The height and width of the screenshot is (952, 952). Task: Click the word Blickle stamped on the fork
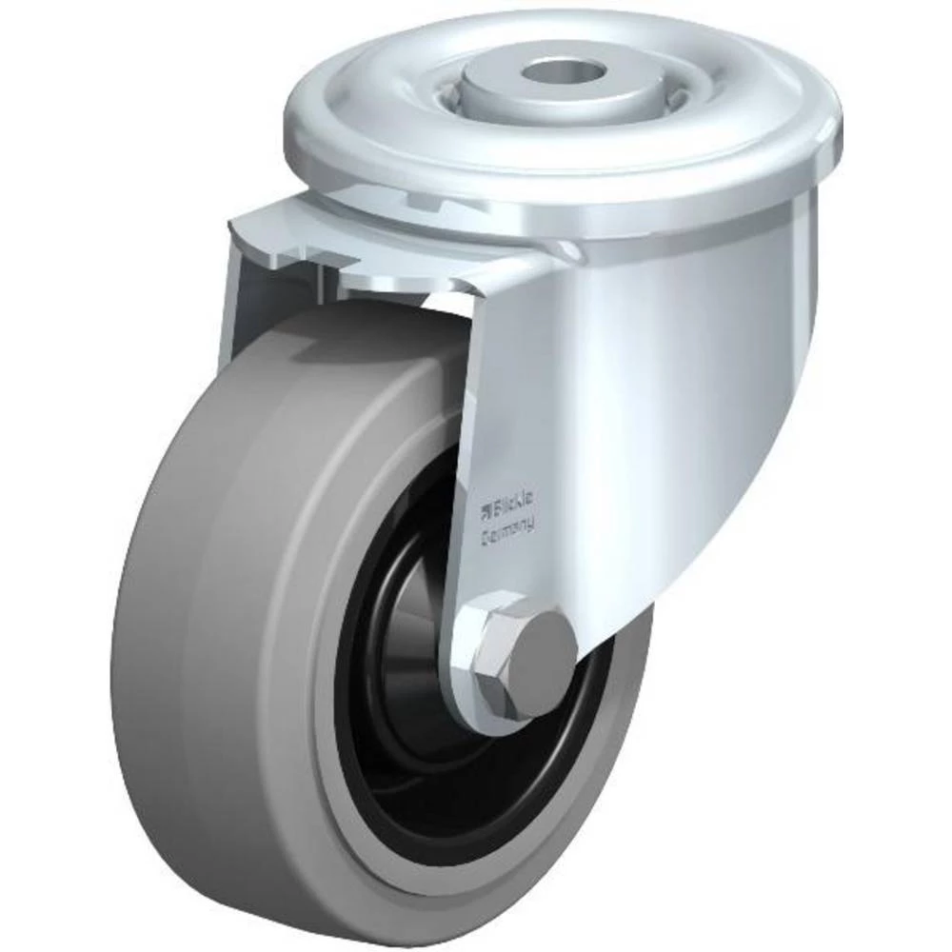pyautogui.click(x=516, y=502)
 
